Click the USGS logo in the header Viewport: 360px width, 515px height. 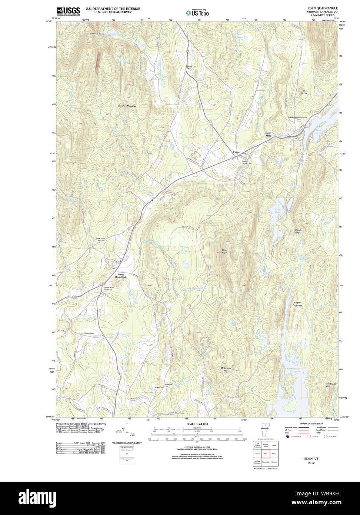[68, 11]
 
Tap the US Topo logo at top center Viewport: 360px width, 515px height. [197, 13]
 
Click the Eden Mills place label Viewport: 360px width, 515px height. [268, 134]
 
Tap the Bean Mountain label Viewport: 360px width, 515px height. [222, 252]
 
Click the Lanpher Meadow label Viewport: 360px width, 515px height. [127, 106]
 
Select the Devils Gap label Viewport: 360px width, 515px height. [298, 231]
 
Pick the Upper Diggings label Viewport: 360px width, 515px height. [297, 304]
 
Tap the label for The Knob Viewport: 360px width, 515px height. [304, 92]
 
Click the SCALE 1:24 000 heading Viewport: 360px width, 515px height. [197, 424]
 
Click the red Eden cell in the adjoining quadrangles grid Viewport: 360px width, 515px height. [266, 453]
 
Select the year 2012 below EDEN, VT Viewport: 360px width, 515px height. [311, 463]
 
